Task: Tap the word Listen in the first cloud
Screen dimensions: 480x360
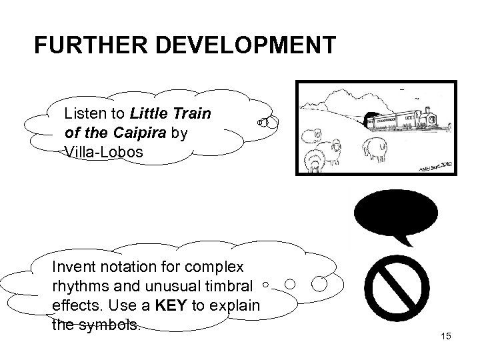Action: coord(85,114)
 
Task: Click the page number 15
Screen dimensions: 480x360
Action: coord(446,336)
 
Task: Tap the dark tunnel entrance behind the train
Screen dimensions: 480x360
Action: coord(369,120)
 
